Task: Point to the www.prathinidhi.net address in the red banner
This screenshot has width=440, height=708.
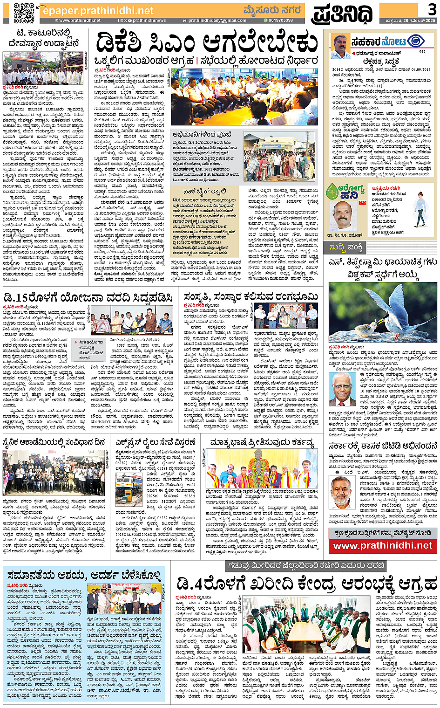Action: click(x=383, y=545)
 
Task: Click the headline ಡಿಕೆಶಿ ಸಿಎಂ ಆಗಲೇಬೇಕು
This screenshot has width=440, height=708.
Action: click(x=207, y=44)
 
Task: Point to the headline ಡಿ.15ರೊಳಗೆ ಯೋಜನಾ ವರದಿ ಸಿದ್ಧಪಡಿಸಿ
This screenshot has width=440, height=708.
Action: click(x=88, y=297)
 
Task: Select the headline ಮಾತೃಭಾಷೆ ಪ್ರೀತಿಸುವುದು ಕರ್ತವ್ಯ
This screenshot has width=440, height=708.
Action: click(x=262, y=442)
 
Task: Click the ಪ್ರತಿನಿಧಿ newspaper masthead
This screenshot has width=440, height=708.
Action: click(x=342, y=13)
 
